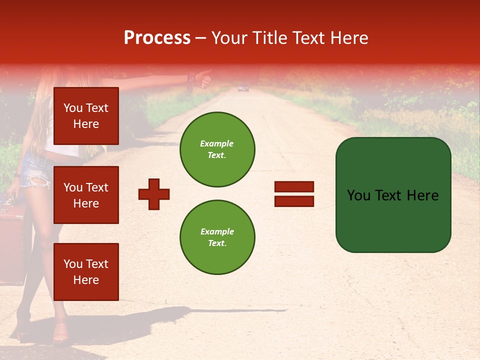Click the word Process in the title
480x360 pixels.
coord(157,38)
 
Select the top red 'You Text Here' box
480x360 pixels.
coord(86,116)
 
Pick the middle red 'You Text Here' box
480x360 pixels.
coord(86,195)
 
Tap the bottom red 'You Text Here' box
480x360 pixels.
coord(86,271)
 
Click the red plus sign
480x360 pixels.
coord(154,194)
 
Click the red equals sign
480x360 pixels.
coord(294,194)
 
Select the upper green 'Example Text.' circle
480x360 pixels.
coord(217,149)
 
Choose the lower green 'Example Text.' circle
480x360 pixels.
coord(217,237)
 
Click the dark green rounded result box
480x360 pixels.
coord(393,195)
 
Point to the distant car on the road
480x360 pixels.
coord(243,88)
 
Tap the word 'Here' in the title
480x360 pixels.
coord(349,38)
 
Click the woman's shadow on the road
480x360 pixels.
coord(150,320)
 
